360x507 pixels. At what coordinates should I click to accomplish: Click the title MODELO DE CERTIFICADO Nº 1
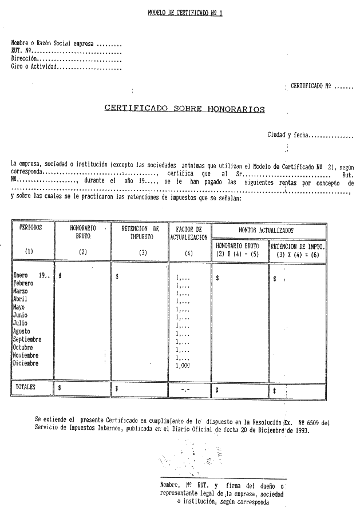point(184,12)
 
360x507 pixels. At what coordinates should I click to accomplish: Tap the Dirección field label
point(25,58)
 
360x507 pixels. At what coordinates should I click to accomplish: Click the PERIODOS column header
point(30,228)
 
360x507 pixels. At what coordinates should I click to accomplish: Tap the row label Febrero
point(23,283)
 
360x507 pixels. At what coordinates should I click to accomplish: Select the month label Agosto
point(22,331)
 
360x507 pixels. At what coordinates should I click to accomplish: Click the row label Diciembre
point(26,363)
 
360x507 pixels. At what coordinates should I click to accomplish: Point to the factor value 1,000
point(184,365)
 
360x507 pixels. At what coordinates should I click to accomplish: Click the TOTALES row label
point(26,387)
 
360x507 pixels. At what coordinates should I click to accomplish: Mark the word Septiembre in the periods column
point(27,339)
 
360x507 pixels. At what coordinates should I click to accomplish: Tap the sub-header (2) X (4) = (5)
point(239,254)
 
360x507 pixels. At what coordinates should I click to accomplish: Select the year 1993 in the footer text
point(301,431)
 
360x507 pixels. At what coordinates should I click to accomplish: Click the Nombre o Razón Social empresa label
point(53,42)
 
